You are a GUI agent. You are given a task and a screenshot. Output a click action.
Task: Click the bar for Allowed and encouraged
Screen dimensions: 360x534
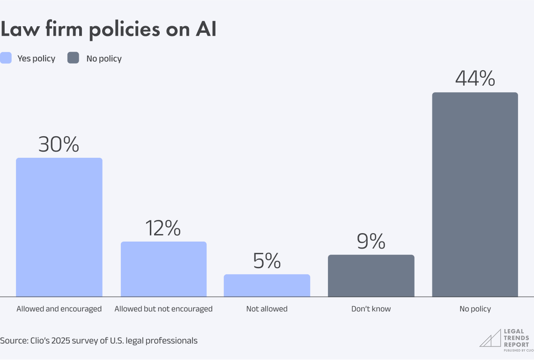(x=59, y=227)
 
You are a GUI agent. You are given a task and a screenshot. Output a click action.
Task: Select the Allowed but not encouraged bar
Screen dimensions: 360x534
(x=163, y=269)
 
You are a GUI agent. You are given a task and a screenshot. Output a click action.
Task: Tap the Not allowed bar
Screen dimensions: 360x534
(x=267, y=286)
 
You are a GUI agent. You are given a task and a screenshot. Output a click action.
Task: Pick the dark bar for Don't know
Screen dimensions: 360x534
(x=371, y=276)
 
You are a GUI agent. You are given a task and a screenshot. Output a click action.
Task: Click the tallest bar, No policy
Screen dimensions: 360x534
(x=475, y=194)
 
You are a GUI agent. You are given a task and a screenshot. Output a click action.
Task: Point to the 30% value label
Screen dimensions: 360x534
(x=59, y=145)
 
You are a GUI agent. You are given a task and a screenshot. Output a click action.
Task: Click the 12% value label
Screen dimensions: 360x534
(x=163, y=228)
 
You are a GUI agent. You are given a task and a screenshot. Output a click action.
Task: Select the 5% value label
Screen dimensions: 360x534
(x=267, y=261)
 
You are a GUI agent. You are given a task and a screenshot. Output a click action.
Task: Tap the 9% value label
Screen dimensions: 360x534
(x=371, y=242)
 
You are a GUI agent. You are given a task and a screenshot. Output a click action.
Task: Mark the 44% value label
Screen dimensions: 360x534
(x=475, y=79)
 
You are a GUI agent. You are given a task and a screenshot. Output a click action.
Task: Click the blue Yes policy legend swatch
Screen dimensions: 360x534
(x=6, y=58)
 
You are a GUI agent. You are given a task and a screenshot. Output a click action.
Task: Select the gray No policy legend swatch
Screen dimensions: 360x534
(x=74, y=58)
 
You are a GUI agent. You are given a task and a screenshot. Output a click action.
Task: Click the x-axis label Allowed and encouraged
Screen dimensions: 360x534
(x=59, y=309)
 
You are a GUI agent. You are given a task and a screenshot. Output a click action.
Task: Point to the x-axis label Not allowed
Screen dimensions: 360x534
(x=267, y=309)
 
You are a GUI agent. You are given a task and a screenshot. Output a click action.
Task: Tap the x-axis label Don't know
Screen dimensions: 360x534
(x=371, y=309)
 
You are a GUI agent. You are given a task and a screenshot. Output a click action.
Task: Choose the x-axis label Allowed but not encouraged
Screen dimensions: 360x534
(x=163, y=309)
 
